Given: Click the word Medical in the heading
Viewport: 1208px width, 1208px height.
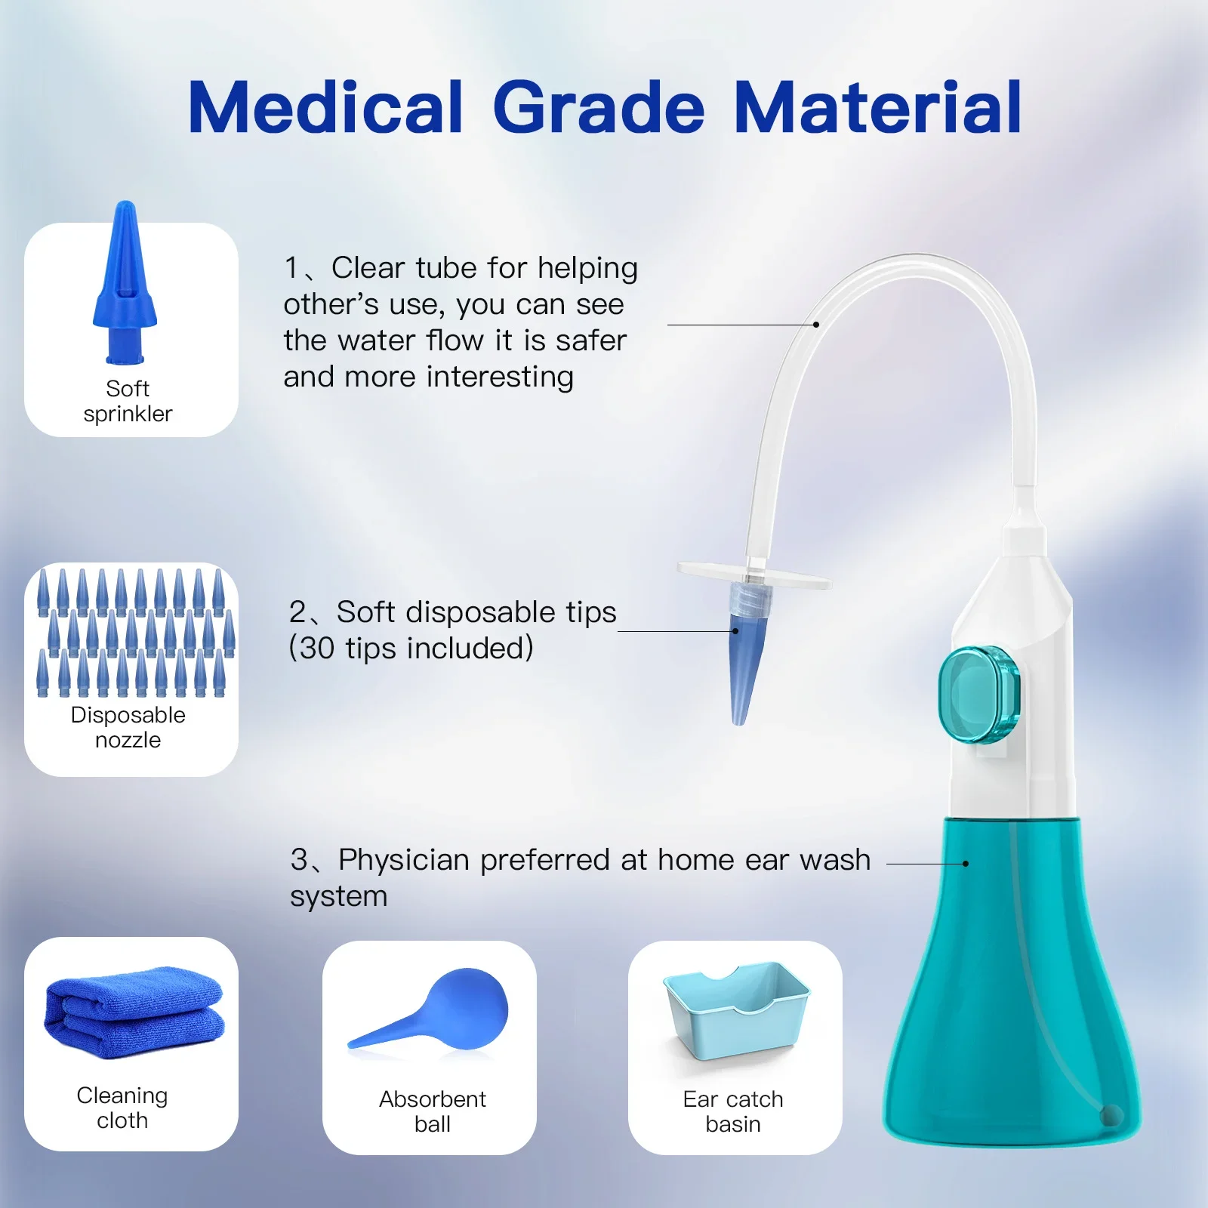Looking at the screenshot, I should point(325,108).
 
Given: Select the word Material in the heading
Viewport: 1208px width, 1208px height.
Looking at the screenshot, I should point(877,108).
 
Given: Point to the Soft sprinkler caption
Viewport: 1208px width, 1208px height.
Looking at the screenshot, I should point(128,401).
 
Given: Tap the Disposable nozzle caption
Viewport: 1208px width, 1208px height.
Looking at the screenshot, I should point(128,727).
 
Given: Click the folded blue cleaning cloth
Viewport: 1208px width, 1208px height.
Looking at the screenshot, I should point(134,1012).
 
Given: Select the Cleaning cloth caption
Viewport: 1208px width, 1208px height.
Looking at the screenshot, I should point(122,1108).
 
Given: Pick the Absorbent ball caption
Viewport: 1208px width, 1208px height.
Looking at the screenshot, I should point(433,1111).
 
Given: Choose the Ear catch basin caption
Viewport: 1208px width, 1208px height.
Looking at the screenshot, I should point(733,1111).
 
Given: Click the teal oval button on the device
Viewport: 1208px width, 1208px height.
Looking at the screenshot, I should point(979,695).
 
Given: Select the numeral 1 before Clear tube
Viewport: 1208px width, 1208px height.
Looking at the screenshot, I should point(292,268).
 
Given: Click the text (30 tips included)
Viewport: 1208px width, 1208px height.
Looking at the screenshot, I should point(411,649).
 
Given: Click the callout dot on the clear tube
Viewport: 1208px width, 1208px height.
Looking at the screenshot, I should point(816,325).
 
